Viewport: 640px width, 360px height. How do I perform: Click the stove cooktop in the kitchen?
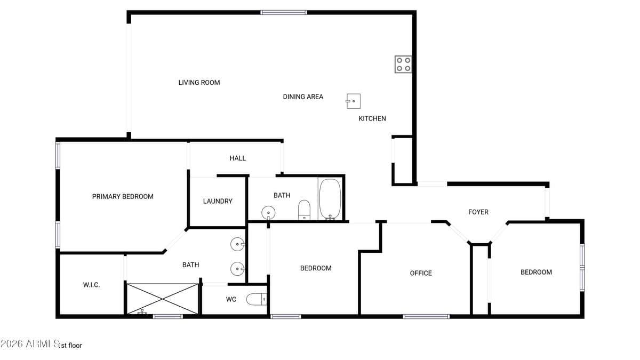403,64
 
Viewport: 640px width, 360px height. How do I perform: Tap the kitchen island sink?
353,101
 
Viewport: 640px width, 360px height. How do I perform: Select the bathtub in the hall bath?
330,199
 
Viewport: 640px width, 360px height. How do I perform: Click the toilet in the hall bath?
304,210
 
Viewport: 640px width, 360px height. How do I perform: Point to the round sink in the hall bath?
269,212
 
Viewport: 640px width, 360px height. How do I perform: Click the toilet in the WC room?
257,300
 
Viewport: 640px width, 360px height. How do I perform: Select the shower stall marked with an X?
162,299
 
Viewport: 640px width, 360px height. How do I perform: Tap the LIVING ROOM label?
199,83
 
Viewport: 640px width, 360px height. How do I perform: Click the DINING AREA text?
303,97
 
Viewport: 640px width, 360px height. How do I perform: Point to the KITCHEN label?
372,118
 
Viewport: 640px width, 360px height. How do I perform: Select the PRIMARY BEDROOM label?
123,196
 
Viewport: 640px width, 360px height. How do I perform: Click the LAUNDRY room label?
218,201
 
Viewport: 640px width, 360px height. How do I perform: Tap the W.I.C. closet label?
91,285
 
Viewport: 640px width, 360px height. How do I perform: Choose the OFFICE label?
421,273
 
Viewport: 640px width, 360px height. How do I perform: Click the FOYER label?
478,212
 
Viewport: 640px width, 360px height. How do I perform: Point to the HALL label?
238,158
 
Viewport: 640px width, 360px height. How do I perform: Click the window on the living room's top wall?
284,12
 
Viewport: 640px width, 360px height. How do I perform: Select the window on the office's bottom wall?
426,316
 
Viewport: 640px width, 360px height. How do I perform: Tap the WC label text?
231,299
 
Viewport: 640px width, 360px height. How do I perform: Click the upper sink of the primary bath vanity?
238,244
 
